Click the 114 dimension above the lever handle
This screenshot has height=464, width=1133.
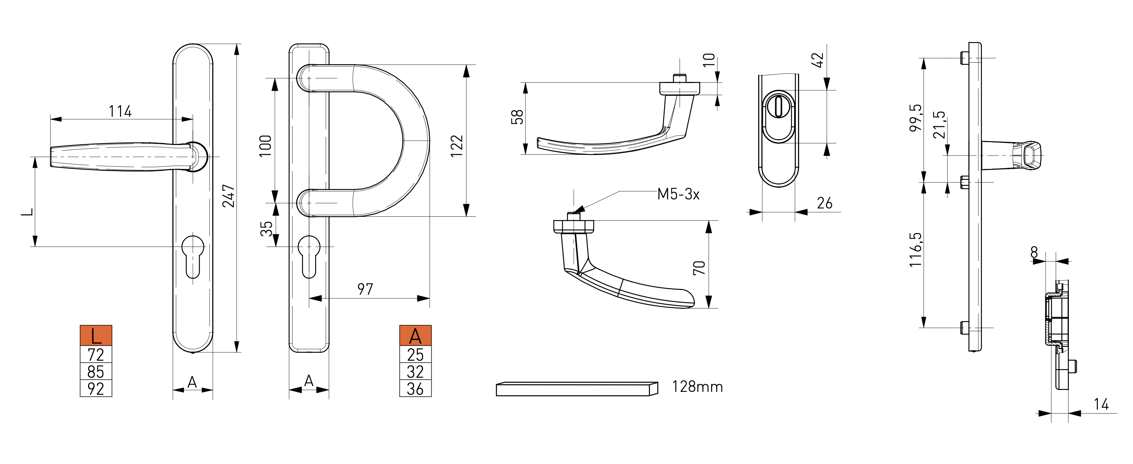[x=120, y=111]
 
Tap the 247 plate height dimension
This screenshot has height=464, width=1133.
[x=229, y=196]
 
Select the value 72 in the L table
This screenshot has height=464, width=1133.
[x=96, y=355]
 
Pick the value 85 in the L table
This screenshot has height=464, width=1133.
[x=96, y=372]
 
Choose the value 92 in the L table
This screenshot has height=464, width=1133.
[x=96, y=389]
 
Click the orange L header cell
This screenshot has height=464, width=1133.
[x=96, y=336]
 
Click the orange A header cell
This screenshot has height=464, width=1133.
[x=415, y=336]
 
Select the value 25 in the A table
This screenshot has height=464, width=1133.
[x=415, y=355]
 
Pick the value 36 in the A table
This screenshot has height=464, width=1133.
[x=415, y=389]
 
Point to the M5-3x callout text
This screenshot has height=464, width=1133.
[x=678, y=194]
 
